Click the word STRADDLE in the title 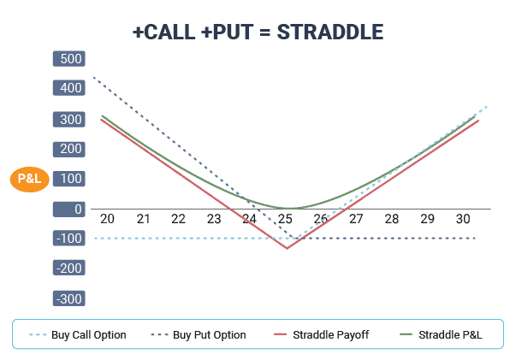pyautogui.click(x=330, y=32)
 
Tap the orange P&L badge pyautogui.click(x=30, y=179)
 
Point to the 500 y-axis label pyautogui.click(x=69, y=59)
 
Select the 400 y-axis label pyautogui.click(x=69, y=88)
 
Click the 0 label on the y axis pyautogui.click(x=69, y=210)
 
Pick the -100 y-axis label pyautogui.click(x=69, y=239)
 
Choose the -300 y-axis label pyautogui.click(x=69, y=298)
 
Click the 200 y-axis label pyautogui.click(x=69, y=149)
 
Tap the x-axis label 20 pyautogui.click(x=107, y=219)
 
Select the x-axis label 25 pyautogui.click(x=285, y=219)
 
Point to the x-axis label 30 pyautogui.click(x=463, y=219)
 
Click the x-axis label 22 pyautogui.click(x=178, y=219)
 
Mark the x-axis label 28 pyautogui.click(x=392, y=219)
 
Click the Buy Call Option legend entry pyautogui.click(x=78, y=335)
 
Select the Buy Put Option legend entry pyautogui.click(x=199, y=335)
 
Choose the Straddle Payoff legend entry pyautogui.click(x=322, y=335)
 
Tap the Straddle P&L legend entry pyautogui.click(x=441, y=335)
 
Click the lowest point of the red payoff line pyautogui.click(x=287, y=248)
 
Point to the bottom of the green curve pyautogui.click(x=288, y=208)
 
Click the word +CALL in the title pyautogui.click(x=164, y=32)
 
